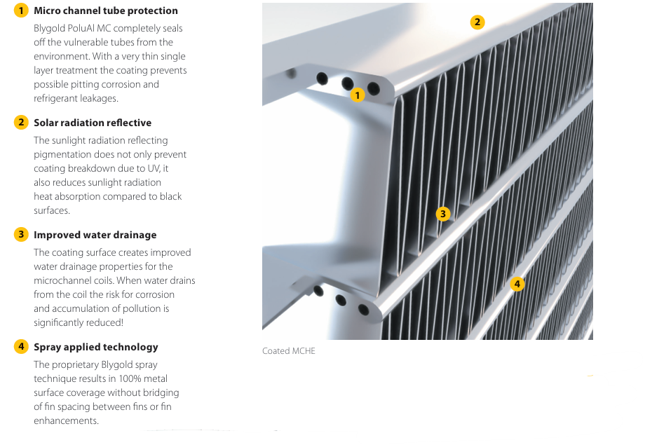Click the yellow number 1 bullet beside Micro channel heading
pos(21,11)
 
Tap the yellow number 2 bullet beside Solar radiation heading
pos(21,123)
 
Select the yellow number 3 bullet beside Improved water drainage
pos(21,235)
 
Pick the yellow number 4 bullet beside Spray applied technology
pos(21,347)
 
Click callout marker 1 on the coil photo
pos(358,95)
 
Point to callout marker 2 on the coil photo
pos(477,22)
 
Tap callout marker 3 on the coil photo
pos(442,214)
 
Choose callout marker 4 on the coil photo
pos(517,284)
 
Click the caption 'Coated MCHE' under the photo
pos(289,350)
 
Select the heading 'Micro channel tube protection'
pos(106,11)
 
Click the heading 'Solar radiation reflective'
pos(93,123)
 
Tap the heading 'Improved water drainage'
pos(95,235)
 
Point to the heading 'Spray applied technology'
pos(96,347)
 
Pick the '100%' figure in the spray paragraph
pos(112,378)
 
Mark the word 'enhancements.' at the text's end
pos(66,420)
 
